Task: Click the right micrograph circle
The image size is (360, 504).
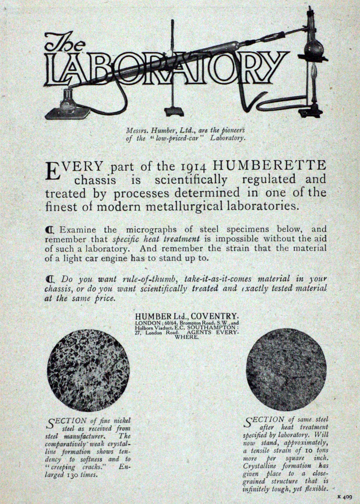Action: (x=286, y=370)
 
